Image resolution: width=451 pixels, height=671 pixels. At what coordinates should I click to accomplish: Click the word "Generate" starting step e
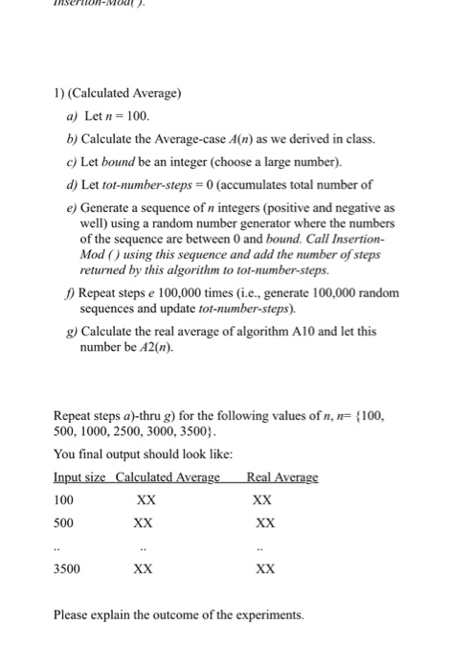click(x=121, y=207)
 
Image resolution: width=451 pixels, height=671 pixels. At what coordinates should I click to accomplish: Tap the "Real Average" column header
click(x=282, y=478)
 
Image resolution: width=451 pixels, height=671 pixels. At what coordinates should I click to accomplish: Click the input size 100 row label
click(x=64, y=500)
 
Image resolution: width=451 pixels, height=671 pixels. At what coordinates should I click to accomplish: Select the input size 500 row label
click(x=64, y=523)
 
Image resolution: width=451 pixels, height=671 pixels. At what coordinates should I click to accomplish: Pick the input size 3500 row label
click(x=67, y=568)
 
